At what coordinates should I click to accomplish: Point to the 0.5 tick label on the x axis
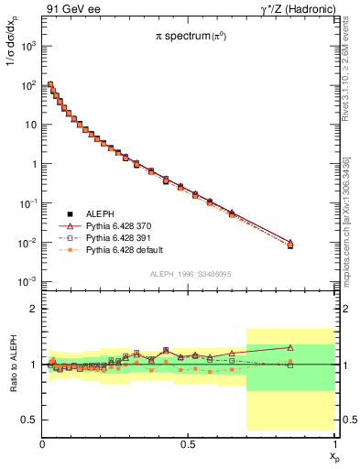[x=188, y=444]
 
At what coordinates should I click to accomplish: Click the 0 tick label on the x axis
[x=43, y=444]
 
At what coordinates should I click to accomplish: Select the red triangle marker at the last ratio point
[x=290, y=347]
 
